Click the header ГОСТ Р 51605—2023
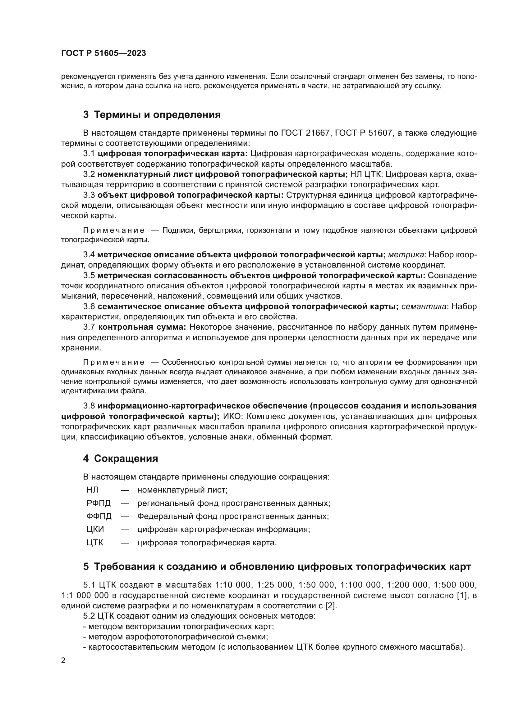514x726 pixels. tap(103, 53)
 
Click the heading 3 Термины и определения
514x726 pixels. tap(152, 115)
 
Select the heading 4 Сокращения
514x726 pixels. tap(121, 458)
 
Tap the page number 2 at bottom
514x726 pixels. tap(63, 661)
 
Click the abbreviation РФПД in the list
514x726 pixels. tap(99, 503)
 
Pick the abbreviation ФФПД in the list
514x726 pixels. tap(99, 516)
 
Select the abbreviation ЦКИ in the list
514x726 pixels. tap(95, 529)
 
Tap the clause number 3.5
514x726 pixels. tap(89, 275)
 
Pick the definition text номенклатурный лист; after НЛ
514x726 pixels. tap(183, 490)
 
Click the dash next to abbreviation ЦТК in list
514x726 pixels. tap(125, 543)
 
